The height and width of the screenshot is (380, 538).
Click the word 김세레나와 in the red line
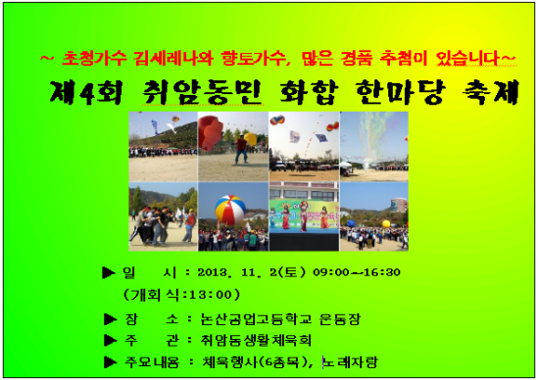tap(172, 59)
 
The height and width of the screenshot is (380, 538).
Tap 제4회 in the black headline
tap(86, 92)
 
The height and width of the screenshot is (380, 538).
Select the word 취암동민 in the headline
tap(202, 92)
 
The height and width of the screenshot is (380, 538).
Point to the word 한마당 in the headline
tap(401, 92)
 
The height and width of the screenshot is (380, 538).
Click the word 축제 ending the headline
tap(490, 92)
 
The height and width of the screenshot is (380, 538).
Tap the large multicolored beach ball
tap(230, 210)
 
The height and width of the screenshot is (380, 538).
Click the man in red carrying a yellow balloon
tap(243, 149)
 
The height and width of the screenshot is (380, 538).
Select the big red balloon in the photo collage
tap(211, 133)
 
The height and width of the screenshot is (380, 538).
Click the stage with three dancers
tap(304, 216)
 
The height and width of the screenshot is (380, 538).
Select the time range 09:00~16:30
tap(357, 272)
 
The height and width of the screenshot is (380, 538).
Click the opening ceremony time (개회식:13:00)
tap(181, 295)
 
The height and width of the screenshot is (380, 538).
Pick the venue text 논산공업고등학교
tap(257, 319)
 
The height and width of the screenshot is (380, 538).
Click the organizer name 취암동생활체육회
tap(256, 340)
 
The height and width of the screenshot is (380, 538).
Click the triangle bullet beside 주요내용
tap(110, 362)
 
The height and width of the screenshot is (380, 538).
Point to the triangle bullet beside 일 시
tap(109, 272)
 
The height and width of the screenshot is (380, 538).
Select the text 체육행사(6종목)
tap(254, 362)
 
